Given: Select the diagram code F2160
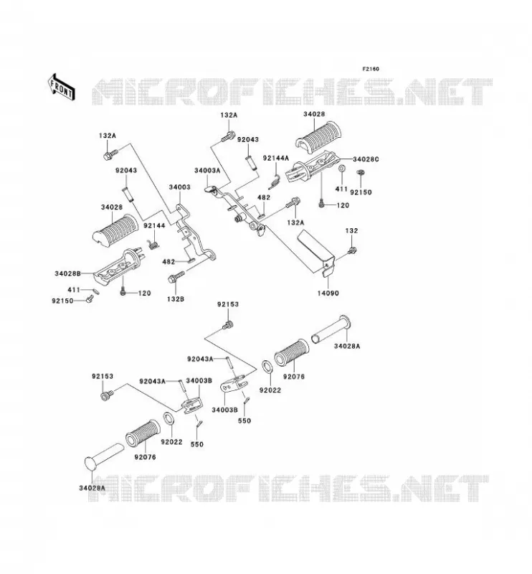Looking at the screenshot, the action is coord(371,69).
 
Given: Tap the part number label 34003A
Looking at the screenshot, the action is coord(207,171).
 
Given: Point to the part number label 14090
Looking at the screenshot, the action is coord(328,293).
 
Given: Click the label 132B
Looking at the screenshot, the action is coord(176,298).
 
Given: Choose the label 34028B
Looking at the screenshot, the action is coord(67,273).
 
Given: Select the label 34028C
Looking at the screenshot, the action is coord(366,159).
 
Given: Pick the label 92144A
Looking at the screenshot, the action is coord(276,158).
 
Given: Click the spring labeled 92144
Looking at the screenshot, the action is coord(153,244).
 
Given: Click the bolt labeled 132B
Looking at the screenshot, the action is coord(176,277).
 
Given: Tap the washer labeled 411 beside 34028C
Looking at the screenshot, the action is coord(341,169).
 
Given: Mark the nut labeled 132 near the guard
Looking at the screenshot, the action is coord(352,250).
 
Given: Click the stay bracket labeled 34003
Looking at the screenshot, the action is coord(194,234).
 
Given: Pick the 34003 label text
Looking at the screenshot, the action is coord(180,187).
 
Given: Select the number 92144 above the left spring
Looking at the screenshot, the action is coord(154,225).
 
